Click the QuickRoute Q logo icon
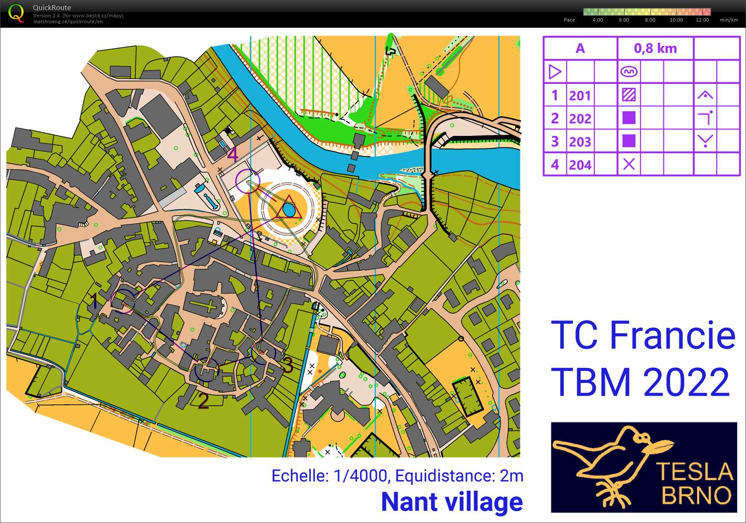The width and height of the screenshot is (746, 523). click(16, 13)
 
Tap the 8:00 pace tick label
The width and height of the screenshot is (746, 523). click(650, 20)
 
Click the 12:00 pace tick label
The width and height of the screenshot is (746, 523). click(702, 20)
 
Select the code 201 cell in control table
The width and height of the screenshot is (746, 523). click(580, 95)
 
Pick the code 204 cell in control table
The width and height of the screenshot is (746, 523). click(580, 165)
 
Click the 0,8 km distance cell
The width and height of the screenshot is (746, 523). click(655, 49)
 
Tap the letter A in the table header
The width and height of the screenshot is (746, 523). click(580, 49)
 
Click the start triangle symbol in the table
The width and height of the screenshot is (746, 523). click(555, 72)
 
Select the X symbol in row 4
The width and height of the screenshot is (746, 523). click(629, 164)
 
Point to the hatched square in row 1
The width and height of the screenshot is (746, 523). click(629, 95)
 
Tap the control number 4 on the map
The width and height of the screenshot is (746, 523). click(233, 155)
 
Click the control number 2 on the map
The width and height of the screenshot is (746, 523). click(203, 401)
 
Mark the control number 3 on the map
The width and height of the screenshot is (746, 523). click(288, 365)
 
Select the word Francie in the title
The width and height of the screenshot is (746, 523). click(673, 336)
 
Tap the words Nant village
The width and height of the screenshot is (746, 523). click(452, 502)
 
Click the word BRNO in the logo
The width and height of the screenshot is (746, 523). click(696, 495)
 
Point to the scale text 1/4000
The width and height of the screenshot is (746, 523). click(360, 476)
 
